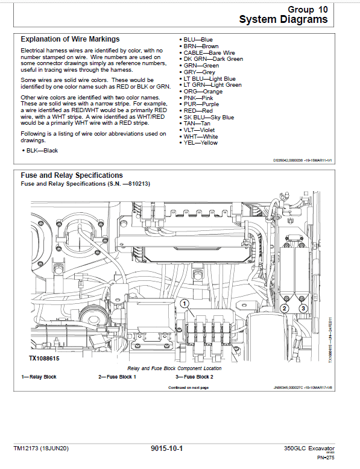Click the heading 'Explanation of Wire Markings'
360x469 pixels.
[x=70, y=39]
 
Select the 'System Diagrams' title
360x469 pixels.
[x=283, y=19]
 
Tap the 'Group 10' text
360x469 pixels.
[x=309, y=10]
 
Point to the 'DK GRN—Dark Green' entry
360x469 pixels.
[x=213, y=59]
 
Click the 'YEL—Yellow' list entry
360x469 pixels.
[x=201, y=143]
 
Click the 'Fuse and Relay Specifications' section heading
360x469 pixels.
[x=72, y=175]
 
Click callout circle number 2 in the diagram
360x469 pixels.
[x=285, y=308]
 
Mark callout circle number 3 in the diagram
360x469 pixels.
[x=303, y=308]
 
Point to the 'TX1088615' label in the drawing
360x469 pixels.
[x=45, y=358]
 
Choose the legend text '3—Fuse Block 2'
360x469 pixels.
[x=194, y=377]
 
